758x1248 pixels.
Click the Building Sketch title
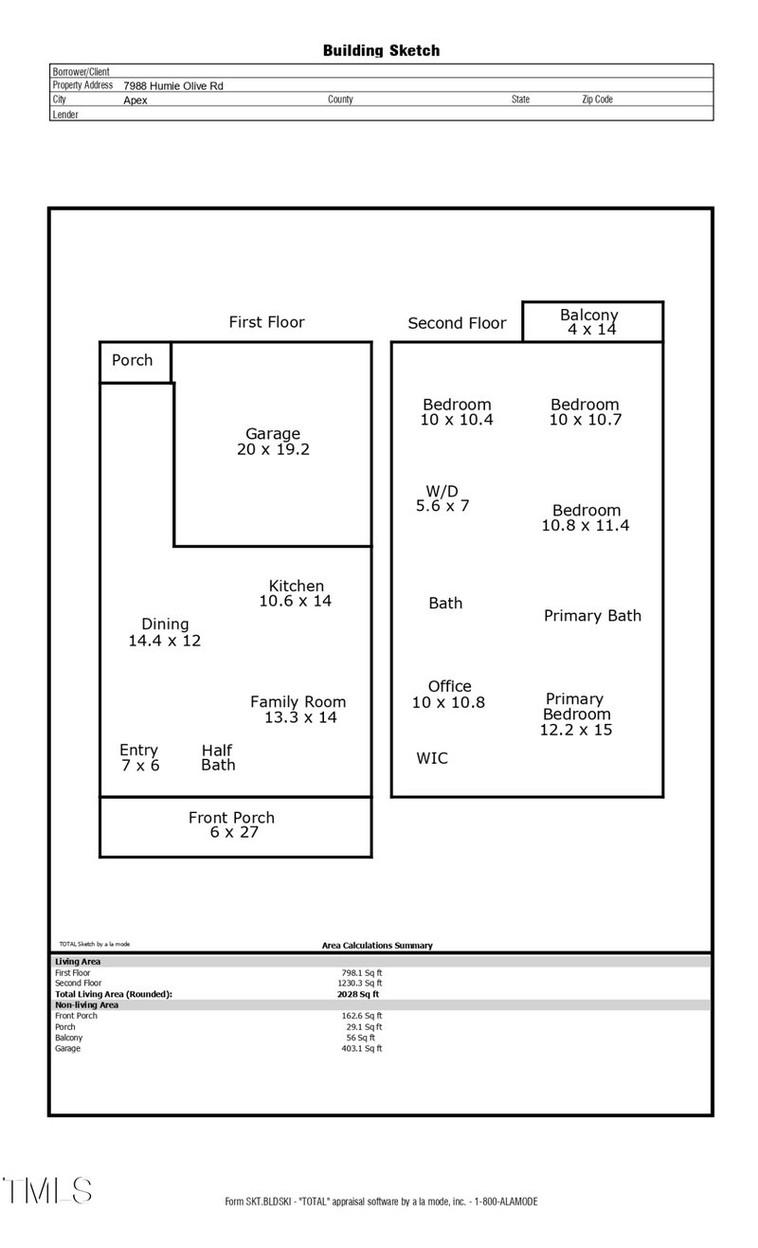(381, 50)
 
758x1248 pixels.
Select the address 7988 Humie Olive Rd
(173, 85)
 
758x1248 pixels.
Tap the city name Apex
(135, 99)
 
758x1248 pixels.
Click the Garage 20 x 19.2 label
(273, 442)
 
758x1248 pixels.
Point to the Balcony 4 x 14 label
(589, 322)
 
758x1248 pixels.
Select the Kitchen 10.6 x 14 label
(296, 593)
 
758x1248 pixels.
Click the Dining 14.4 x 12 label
(165, 632)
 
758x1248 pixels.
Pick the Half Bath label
(218, 758)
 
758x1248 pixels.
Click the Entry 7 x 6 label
(139, 758)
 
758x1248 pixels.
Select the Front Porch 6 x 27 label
(232, 824)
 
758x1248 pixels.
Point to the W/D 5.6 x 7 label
(442, 498)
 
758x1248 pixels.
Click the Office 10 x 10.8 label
(449, 695)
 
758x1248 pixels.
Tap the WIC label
(432, 758)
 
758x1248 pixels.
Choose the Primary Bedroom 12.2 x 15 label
(576, 714)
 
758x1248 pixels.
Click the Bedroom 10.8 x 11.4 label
(586, 517)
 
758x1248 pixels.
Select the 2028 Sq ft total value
(358, 994)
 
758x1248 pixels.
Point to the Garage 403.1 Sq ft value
(362, 1048)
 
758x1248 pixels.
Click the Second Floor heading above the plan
(457, 323)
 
